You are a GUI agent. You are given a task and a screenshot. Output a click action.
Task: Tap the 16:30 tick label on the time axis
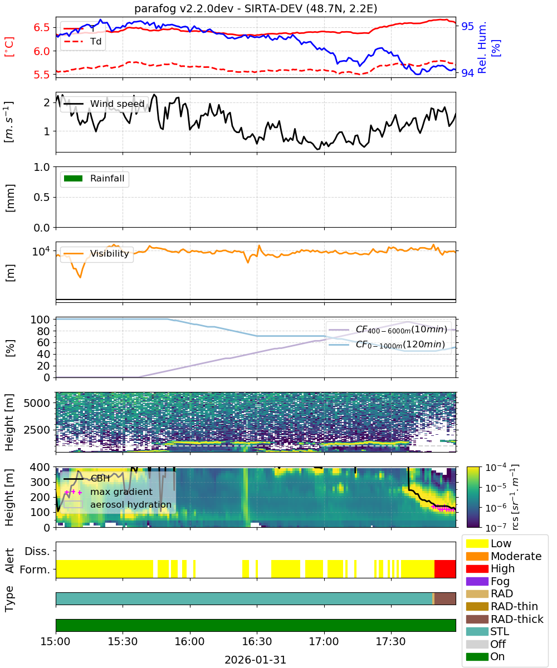(x=257, y=641)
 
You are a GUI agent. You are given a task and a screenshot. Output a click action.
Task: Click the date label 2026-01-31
(x=255, y=660)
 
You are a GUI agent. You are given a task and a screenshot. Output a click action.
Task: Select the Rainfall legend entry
(x=94, y=178)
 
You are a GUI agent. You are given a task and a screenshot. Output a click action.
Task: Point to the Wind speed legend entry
(x=104, y=104)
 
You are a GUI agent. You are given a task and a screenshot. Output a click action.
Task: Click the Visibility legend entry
(x=96, y=253)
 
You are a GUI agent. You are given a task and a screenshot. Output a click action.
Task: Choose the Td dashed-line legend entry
(x=82, y=42)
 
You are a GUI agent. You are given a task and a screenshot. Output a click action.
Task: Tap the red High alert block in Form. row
(x=444, y=569)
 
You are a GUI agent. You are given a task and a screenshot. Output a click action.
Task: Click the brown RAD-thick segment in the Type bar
(x=445, y=598)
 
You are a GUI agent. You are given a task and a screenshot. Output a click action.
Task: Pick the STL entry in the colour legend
(x=487, y=631)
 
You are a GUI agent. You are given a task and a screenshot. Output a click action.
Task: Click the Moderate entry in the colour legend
(x=504, y=556)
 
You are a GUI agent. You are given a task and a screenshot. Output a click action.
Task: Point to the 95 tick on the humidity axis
(x=467, y=26)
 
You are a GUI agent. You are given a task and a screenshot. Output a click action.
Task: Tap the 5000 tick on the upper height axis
(x=37, y=403)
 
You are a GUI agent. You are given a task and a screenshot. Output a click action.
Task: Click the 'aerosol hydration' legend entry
(x=118, y=504)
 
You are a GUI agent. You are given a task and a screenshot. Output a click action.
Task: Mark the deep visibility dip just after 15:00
(x=80, y=277)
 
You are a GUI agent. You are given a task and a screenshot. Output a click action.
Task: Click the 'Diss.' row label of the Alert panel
(x=37, y=551)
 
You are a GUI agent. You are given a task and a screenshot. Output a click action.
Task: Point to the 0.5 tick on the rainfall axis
(x=42, y=197)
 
